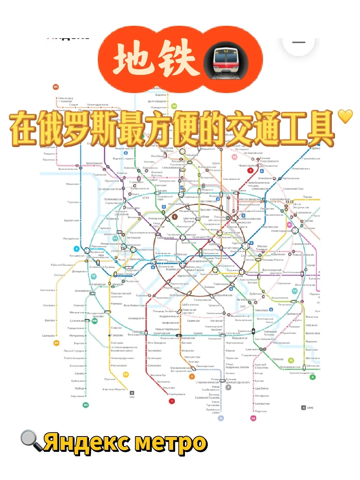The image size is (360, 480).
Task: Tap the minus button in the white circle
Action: point(298,42)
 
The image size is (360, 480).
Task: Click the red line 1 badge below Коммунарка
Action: point(172,401)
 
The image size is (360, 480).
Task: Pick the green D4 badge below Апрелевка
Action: point(85,405)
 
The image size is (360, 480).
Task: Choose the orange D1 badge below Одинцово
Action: point(57,343)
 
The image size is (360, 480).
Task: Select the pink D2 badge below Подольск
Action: point(253,418)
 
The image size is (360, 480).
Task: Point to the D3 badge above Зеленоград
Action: point(56,87)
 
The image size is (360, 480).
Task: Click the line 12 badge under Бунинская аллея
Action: point(221,418)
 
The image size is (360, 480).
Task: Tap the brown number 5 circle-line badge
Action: point(175,217)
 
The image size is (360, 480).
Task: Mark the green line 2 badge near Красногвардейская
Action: point(312,377)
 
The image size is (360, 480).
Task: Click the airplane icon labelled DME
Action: point(303,408)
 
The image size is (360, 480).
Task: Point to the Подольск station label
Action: point(261,411)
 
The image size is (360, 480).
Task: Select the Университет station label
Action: point(137,318)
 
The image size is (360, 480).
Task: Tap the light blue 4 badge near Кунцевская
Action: point(76,248)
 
